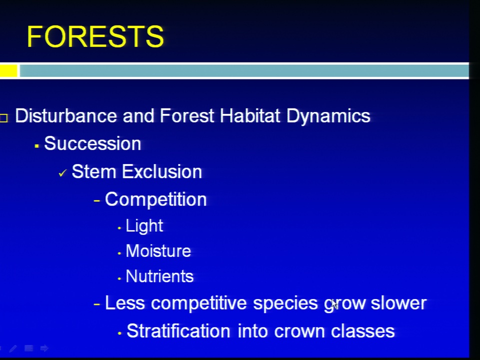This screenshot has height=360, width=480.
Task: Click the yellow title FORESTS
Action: coord(95,36)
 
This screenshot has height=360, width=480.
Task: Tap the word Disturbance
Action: coord(66,115)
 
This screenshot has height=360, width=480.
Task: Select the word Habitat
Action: coord(250,115)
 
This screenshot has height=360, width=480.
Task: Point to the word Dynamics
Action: coord(328,116)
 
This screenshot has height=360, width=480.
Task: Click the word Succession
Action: coord(92,143)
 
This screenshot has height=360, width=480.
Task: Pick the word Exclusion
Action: coord(162,171)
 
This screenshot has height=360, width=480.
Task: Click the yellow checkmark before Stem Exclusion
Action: coord(62,173)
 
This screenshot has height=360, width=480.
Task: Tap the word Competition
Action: coord(156,200)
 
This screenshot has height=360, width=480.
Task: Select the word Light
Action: coord(144,226)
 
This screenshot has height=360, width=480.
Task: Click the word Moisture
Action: coord(158,251)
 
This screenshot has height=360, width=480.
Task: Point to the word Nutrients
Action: coord(159,276)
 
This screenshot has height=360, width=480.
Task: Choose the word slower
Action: coord(398,303)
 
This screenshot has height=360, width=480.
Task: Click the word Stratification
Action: coord(178,331)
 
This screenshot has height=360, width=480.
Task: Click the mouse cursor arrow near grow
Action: coord(334,304)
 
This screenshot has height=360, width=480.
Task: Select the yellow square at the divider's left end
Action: coord(8,70)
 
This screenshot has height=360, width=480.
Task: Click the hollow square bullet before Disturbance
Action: coord(3,118)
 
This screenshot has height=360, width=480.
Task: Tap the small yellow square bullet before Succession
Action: coord(36,146)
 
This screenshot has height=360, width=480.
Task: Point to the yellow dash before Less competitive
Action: coord(96,304)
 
